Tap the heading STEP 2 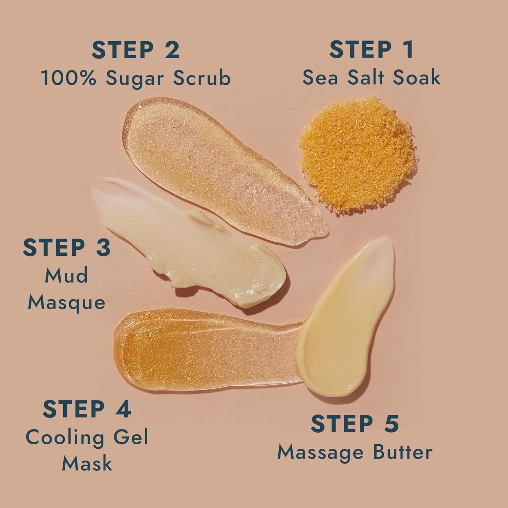[135, 50]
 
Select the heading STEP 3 [67, 247]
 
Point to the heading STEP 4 [87, 409]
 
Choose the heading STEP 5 [355, 424]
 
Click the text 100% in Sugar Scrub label [69, 78]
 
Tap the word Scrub [202, 78]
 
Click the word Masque [66, 302]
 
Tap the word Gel [131, 437]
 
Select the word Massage [317, 453]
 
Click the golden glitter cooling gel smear [190, 352]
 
